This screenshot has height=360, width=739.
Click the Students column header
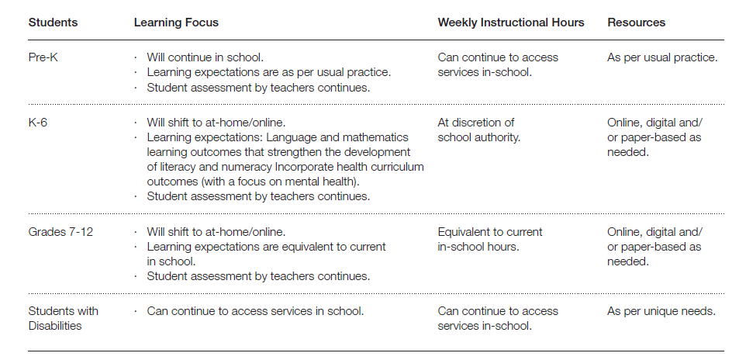point(53,22)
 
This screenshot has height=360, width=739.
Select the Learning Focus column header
point(176,22)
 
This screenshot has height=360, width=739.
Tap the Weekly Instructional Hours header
point(511,22)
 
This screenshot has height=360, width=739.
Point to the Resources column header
point(636,22)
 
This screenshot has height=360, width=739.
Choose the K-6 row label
point(39,122)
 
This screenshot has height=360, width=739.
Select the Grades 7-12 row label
point(60,231)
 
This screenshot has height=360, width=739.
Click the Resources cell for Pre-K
point(662,57)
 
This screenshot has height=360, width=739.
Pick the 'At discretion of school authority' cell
point(478,130)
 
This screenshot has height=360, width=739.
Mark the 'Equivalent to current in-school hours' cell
point(490,239)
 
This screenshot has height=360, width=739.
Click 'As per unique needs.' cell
point(661,310)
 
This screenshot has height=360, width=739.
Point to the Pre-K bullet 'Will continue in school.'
point(205,57)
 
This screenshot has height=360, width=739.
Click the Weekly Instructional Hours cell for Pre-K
point(498,64)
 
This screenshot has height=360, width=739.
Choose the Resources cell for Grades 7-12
point(654,246)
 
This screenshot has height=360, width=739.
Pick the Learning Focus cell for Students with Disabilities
point(255,310)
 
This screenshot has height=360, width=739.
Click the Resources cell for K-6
point(654,137)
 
